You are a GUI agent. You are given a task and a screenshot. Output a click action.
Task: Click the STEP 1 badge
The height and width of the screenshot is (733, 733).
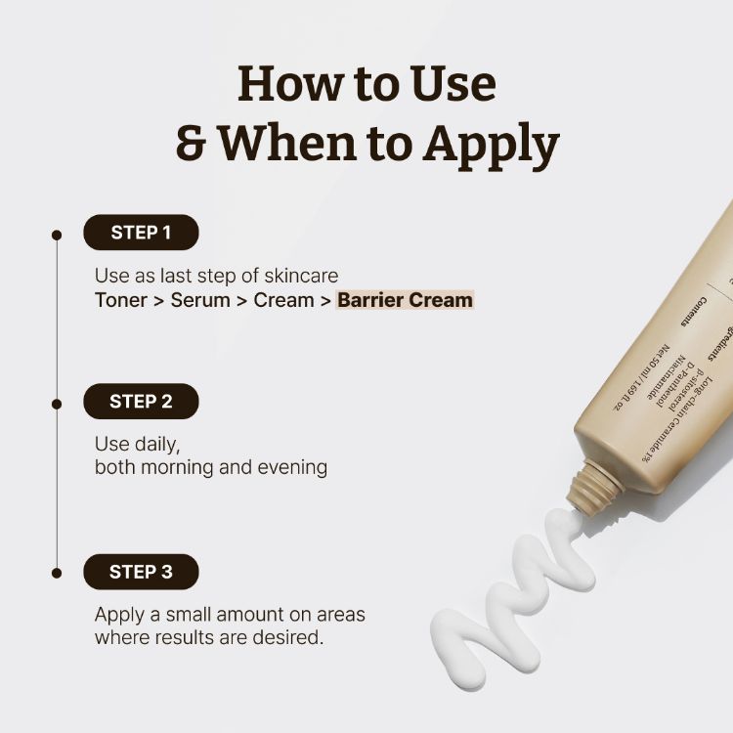click(x=141, y=233)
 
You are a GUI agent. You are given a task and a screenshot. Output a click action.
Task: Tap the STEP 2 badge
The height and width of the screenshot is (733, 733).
click(x=141, y=402)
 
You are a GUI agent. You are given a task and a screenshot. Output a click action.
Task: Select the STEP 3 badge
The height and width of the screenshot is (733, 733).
click(x=141, y=572)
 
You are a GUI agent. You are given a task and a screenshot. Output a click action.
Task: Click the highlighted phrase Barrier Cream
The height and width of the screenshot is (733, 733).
click(x=405, y=300)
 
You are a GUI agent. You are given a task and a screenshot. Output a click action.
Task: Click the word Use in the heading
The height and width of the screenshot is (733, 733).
click(x=451, y=84)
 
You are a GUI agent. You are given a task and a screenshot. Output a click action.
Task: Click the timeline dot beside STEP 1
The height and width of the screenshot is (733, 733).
click(x=57, y=235)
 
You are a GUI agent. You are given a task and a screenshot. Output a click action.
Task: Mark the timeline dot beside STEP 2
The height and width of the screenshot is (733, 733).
click(x=57, y=403)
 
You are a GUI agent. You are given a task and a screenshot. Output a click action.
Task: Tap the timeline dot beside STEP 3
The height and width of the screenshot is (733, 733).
click(x=57, y=573)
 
